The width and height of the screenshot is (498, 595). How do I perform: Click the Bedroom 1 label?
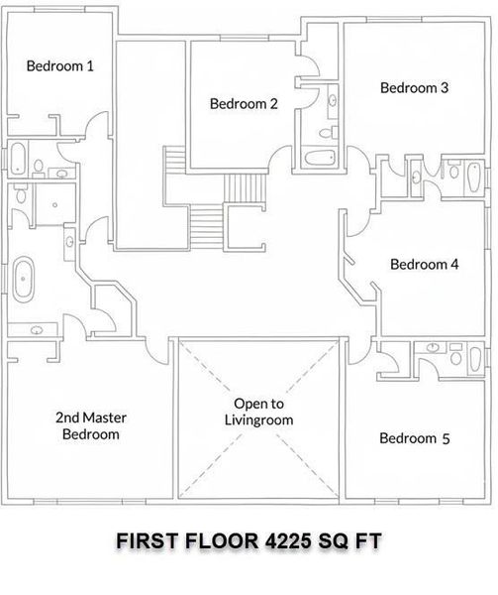tap(59, 66)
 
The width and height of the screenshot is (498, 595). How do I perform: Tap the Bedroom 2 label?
tap(244, 103)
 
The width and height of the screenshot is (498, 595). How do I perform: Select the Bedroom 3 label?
tap(414, 88)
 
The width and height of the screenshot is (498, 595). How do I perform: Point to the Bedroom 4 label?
tap(424, 264)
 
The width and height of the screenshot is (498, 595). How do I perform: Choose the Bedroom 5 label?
tap(414, 438)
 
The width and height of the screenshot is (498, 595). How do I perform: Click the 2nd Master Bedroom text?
tap(91, 425)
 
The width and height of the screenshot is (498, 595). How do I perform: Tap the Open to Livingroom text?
tap(258, 412)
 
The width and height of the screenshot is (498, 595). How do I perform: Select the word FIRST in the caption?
tap(147, 540)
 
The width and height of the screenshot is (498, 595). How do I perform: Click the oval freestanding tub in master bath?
tap(24, 280)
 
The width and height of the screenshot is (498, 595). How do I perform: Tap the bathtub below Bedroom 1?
tap(18, 159)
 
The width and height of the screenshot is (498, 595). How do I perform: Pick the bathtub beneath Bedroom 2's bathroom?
tap(320, 158)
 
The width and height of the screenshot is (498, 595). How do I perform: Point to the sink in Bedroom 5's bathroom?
tap(432, 347)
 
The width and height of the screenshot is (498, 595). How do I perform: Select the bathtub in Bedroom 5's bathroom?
tap(475, 359)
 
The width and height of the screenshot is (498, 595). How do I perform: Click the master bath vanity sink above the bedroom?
tap(37, 330)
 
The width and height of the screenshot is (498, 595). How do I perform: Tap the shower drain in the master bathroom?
tap(54, 205)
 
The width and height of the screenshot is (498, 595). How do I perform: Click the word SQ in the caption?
tap(333, 541)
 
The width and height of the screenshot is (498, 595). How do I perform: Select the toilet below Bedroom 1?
tap(39, 167)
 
